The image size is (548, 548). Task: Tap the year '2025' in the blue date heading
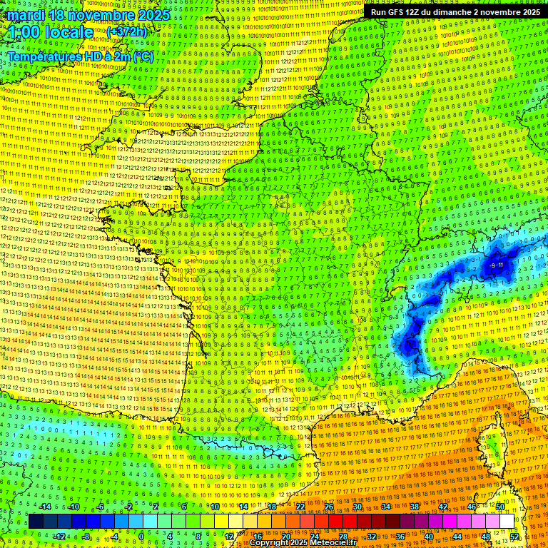(x=153, y=14)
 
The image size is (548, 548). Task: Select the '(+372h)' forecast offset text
(x=126, y=32)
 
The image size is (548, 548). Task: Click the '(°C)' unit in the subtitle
(x=142, y=56)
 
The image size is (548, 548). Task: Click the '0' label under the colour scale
(x=141, y=537)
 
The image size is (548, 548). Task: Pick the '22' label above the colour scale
(x=300, y=507)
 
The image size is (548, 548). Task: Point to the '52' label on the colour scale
(x=514, y=537)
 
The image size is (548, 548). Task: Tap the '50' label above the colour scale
(x=500, y=507)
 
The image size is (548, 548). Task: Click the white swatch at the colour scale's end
(x=507, y=522)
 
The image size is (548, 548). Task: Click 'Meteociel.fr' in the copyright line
(x=338, y=543)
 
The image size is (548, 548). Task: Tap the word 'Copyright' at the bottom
(x=270, y=543)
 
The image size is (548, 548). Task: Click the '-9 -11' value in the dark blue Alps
(x=497, y=265)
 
